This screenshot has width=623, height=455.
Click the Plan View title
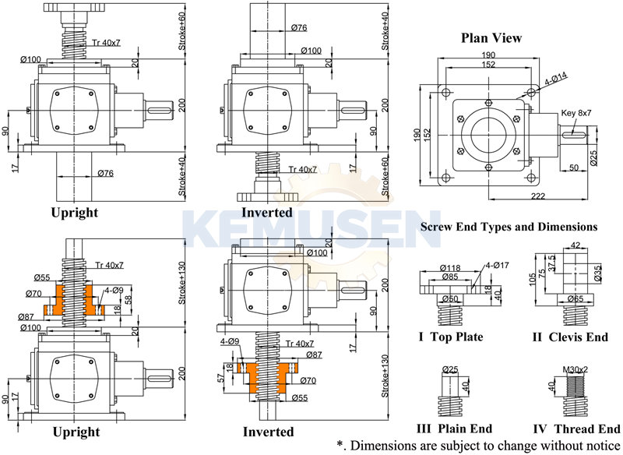pos(491,37)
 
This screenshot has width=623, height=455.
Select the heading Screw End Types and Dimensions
pos(509,227)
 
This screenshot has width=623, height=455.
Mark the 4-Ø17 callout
pos(495,264)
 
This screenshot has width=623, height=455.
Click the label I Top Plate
pos(450,337)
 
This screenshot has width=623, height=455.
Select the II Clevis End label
pos(569,337)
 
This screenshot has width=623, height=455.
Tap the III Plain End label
pos(455,429)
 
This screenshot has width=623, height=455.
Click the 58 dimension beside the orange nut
pos(128,300)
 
